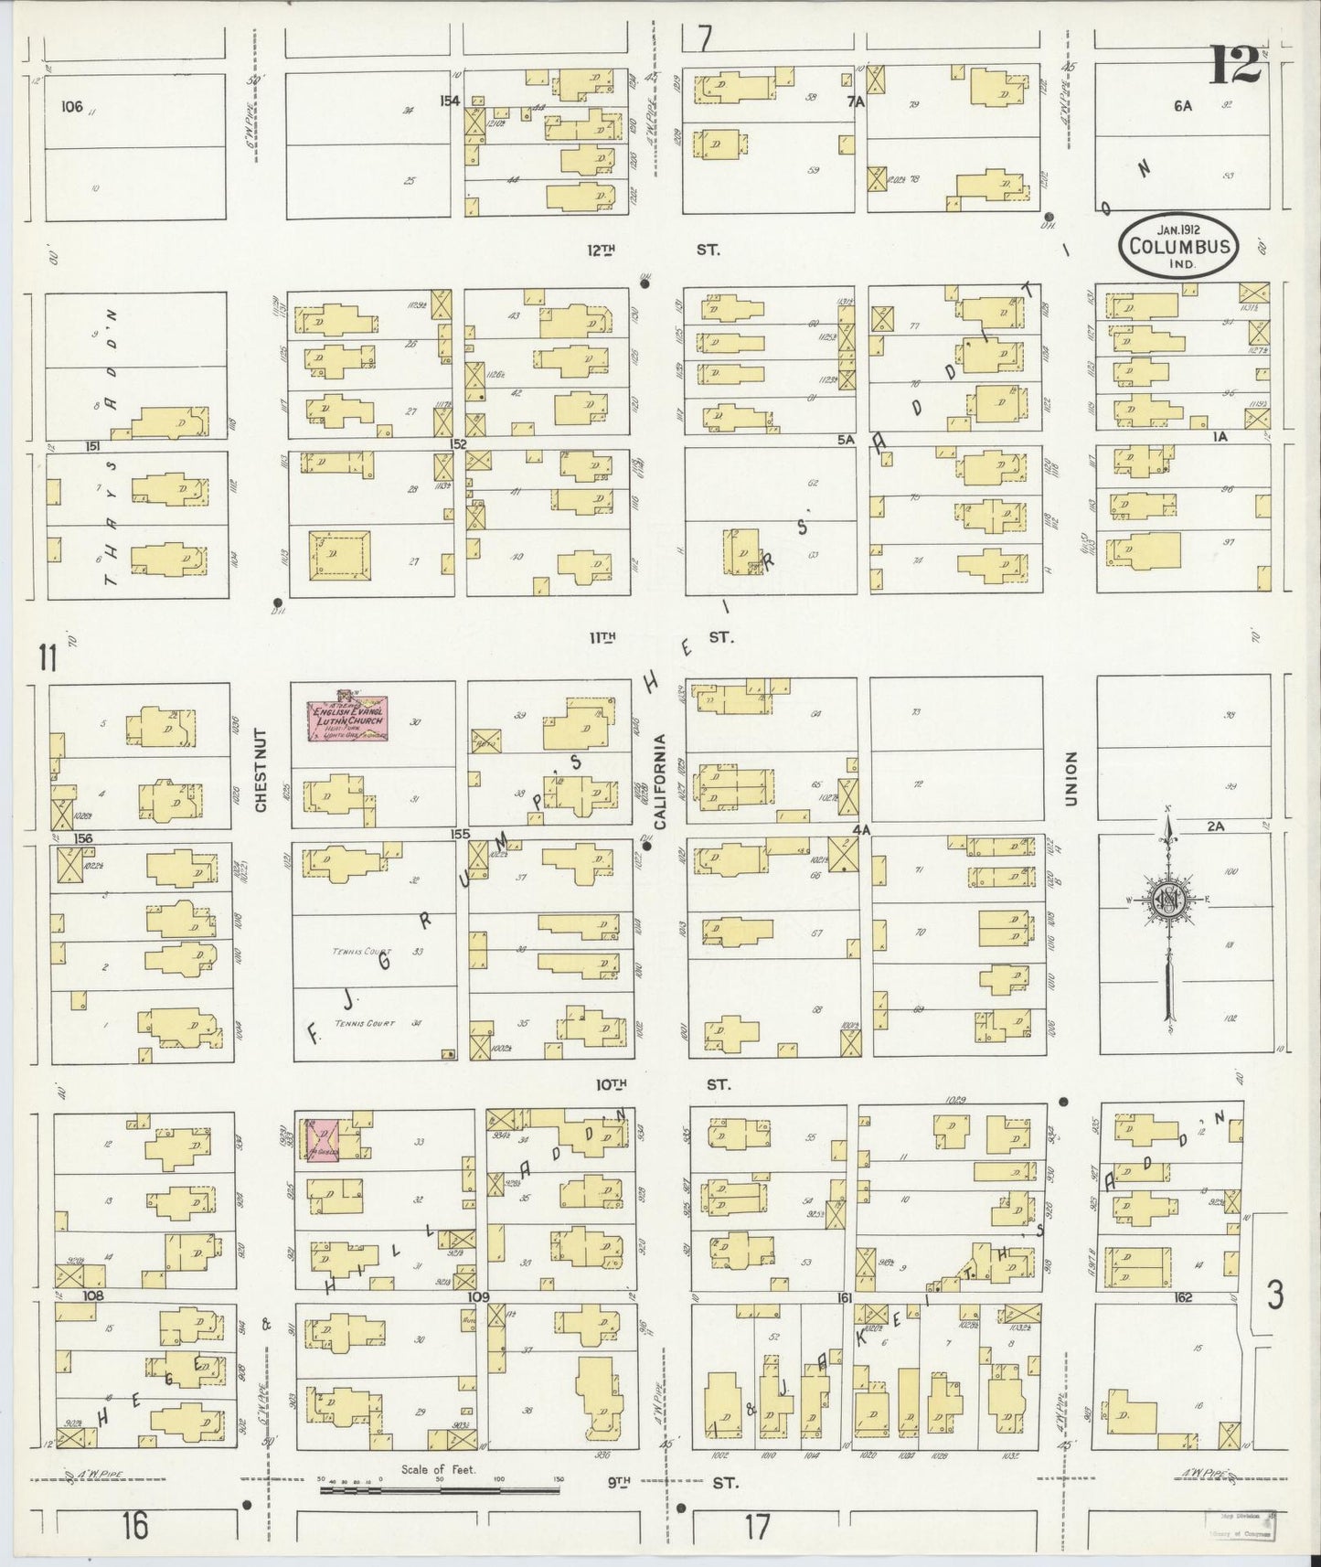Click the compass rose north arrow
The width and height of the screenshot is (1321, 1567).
pyautogui.click(x=1168, y=901)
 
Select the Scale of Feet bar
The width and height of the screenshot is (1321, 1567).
pyautogui.click(x=439, y=1490)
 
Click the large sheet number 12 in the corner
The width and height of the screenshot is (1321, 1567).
pyautogui.click(x=1236, y=66)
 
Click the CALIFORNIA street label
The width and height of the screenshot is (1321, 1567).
pyautogui.click(x=660, y=781)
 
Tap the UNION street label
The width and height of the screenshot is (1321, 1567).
pyautogui.click(x=1071, y=779)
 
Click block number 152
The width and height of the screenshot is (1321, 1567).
pyautogui.click(x=458, y=444)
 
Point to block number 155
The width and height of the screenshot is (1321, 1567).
pyautogui.click(x=459, y=834)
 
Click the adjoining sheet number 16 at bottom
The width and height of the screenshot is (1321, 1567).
pyautogui.click(x=134, y=1526)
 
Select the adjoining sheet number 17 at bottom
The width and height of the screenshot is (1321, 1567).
pyautogui.click(x=757, y=1526)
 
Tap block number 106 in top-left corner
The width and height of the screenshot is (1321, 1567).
pyautogui.click(x=71, y=106)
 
